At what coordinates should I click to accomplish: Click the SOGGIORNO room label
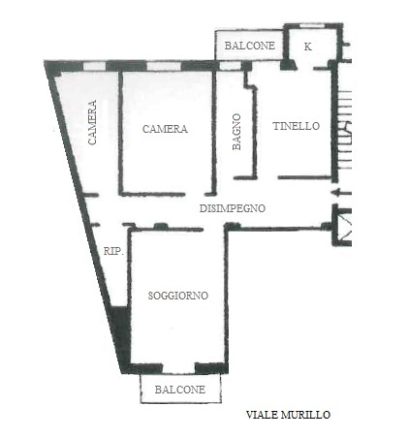click(x=178, y=296)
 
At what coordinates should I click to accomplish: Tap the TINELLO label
click(x=297, y=126)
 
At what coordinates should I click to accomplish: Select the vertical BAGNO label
click(x=236, y=132)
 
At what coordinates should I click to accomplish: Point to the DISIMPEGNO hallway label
click(x=233, y=208)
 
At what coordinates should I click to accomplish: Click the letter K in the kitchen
click(x=308, y=47)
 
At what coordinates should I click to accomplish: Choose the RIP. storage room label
click(x=113, y=251)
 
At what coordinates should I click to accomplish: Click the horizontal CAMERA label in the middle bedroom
click(x=165, y=129)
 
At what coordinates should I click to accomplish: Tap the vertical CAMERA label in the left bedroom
click(x=92, y=122)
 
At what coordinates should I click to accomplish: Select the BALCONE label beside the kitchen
click(x=250, y=46)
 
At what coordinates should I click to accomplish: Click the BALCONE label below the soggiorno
click(x=180, y=390)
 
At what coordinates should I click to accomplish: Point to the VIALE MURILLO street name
click(x=288, y=415)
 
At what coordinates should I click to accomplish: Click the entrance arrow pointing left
click(x=341, y=193)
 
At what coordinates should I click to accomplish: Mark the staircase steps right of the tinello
click(x=344, y=130)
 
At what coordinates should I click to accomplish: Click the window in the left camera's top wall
click(x=95, y=66)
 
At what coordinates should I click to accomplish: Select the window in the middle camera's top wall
click(x=164, y=66)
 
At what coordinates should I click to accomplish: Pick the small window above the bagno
click(x=231, y=66)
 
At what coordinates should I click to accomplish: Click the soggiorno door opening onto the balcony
click(x=178, y=368)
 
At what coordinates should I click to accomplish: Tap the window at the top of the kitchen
click(x=312, y=25)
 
